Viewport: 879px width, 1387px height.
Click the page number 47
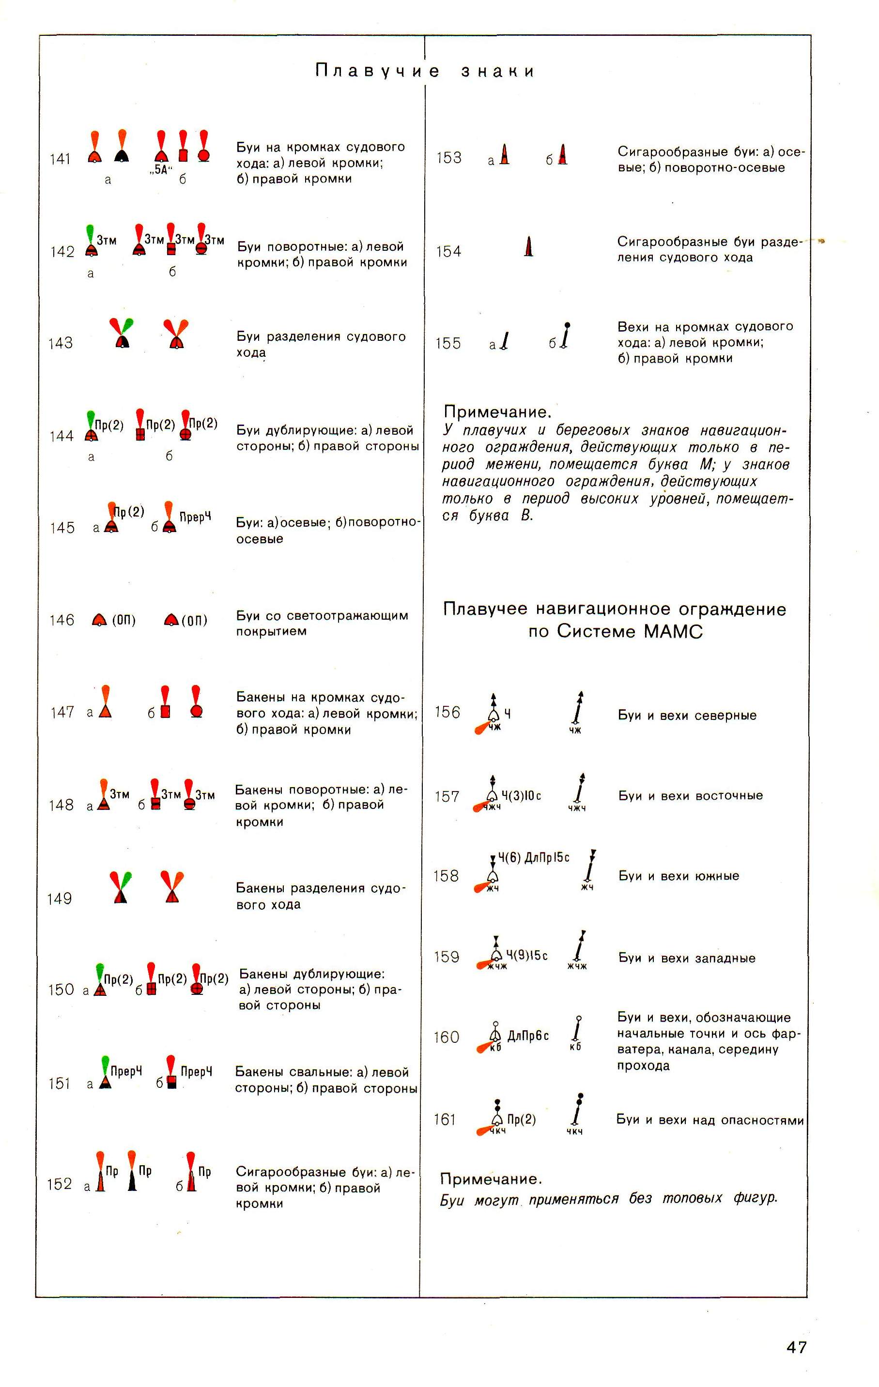coord(796,1347)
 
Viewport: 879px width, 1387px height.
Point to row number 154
coord(448,251)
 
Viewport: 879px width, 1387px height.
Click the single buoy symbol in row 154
coord(528,246)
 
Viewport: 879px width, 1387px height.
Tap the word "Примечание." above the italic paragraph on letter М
coord(497,412)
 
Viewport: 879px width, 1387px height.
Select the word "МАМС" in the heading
coord(673,631)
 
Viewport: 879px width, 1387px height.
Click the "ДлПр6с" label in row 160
coord(528,1036)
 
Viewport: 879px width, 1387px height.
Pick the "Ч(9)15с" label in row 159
coord(527,956)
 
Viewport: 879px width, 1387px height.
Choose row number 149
coord(60,899)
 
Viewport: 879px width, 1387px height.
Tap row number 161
coord(445,1119)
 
